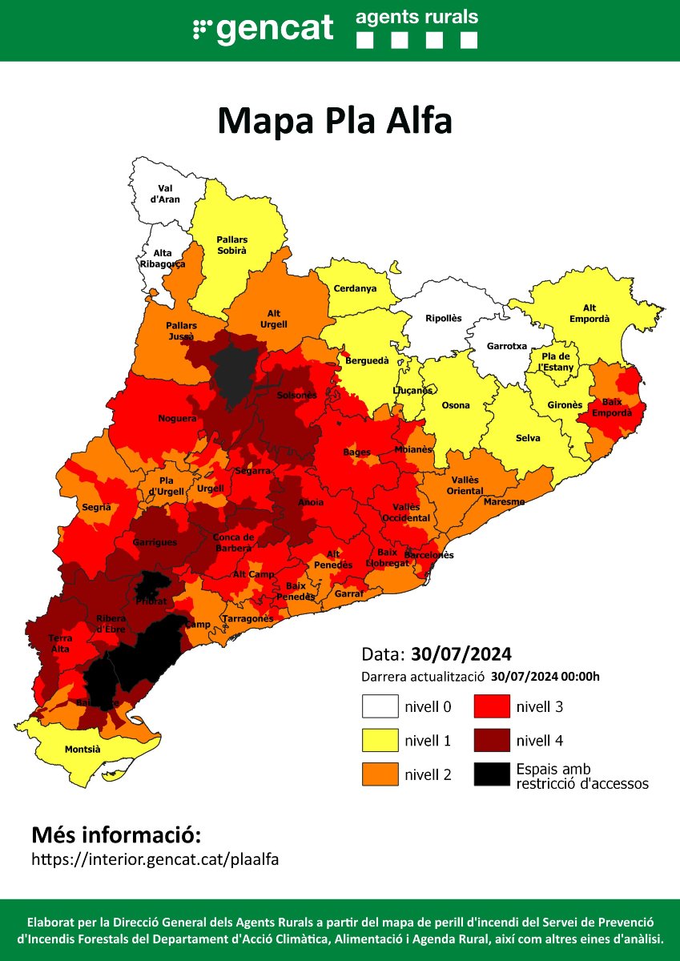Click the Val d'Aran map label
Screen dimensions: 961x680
[166, 193]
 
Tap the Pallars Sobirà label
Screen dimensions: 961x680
[231, 245]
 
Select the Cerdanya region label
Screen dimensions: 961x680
[355, 288]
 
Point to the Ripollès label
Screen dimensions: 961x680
[443, 318]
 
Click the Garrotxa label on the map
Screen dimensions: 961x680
[507, 347]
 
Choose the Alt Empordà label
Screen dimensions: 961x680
[589, 313]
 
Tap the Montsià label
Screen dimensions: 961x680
[83, 750]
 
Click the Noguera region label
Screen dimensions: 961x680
[172, 418]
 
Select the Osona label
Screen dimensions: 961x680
[456, 405]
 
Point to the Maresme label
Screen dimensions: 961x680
[504, 501]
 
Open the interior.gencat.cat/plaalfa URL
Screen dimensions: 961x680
[155, 859]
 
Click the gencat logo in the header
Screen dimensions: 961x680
[264, 29]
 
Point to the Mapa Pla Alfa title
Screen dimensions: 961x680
[335, 121]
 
